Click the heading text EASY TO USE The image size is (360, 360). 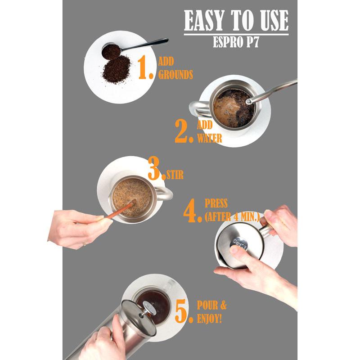pos(236,21)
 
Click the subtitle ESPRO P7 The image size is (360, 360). pos(236,42)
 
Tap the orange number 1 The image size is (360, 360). pos(145,68)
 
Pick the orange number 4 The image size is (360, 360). pos(192,211)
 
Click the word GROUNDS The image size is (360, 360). pos(175,75)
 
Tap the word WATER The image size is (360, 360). pos(210,138)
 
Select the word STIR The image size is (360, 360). pos(175,175)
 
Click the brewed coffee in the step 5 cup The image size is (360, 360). pos(153,303)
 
